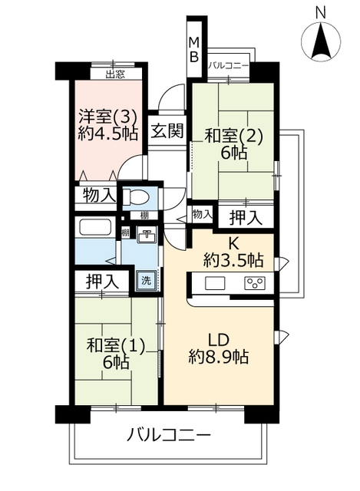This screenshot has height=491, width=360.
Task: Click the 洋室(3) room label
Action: (x=107, y=117)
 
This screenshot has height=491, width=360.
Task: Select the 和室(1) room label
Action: (x=116, y=346)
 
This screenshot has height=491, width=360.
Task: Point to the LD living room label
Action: (x=219, y=340)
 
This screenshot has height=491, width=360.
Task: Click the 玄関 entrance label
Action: (x=167, y=130)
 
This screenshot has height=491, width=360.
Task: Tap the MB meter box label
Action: (x=194, y=49)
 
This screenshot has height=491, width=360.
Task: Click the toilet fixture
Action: (x=135, y=197)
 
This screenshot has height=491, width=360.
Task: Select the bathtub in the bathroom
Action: (x=95, y=227)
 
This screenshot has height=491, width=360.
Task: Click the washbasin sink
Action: (x=147, y=236)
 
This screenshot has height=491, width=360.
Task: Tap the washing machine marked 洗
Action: (x=146, y=280)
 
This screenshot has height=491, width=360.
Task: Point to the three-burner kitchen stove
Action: (x=255, y=283)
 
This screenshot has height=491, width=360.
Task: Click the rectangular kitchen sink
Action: (x=215, y=283)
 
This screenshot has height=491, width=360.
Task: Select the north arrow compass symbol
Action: (x=321, y=41)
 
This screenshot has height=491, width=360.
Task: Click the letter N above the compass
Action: (x=321, y=13)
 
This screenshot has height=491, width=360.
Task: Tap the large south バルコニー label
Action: (x=169, y=435)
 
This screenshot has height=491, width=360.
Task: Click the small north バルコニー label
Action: (x=229, y=65)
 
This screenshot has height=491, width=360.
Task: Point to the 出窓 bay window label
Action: (x=115, y=74)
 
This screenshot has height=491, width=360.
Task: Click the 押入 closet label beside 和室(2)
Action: (x=246, y=218)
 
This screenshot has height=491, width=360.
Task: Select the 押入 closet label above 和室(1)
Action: (x=103, y=282)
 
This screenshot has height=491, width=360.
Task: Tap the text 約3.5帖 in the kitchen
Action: (x=233, y=259)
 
